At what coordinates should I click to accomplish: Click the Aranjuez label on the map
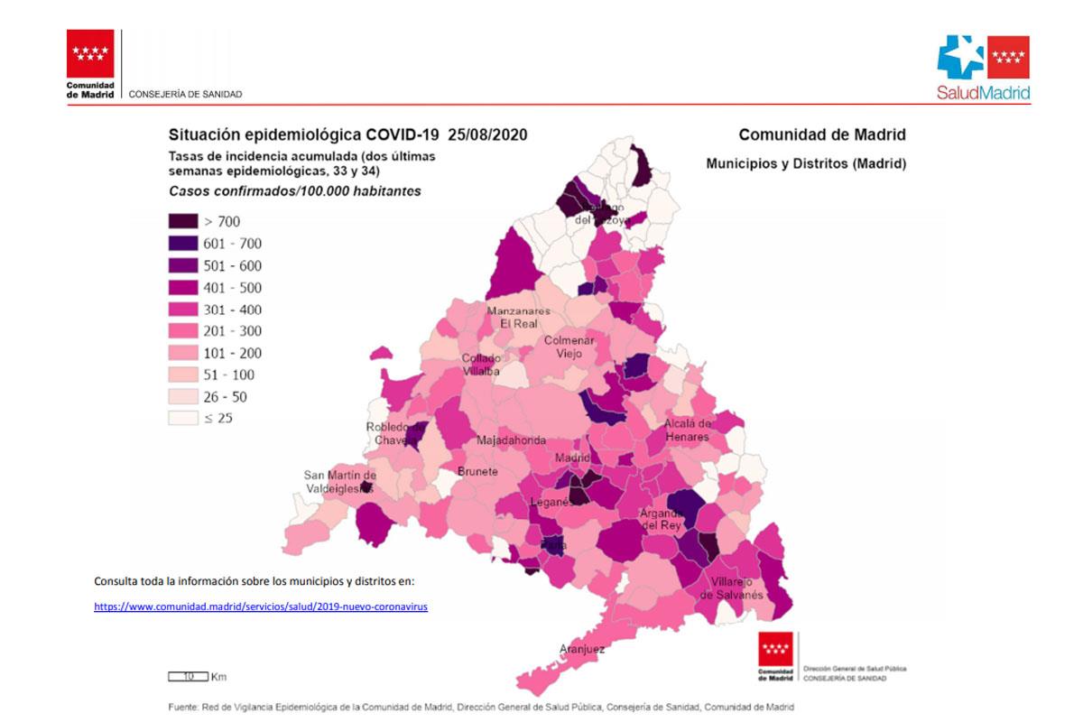[x=582, y=649]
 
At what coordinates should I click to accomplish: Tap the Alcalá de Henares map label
[x=688, y=430]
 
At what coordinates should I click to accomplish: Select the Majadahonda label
[x=511, y=440]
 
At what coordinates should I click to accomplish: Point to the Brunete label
[x=477, y=472]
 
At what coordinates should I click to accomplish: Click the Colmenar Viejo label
[x=569, y=347]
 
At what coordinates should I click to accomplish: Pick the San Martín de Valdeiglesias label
[x=339, y=482]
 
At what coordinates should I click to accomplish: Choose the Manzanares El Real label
[x=512, y=317]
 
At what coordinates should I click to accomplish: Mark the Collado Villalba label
[x=481, y=365]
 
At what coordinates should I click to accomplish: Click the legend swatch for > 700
[x=183, y=222]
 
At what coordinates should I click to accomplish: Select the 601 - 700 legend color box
[x=183, y=244]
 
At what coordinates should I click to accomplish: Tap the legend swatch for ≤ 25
[x=183, y=418]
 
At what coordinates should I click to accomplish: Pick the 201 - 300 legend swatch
[x=183, y=331]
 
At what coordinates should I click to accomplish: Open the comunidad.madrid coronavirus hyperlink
[x=261, y=607]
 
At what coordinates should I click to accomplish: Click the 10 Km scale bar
[x=188, y=676]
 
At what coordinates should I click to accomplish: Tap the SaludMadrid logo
[x=983, y=68]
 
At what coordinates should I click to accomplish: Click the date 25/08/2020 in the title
[x=486, y=134]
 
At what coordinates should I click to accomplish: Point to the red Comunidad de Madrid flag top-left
[x=90, y=54]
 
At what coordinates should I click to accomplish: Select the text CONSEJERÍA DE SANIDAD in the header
[x=185, y=94]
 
